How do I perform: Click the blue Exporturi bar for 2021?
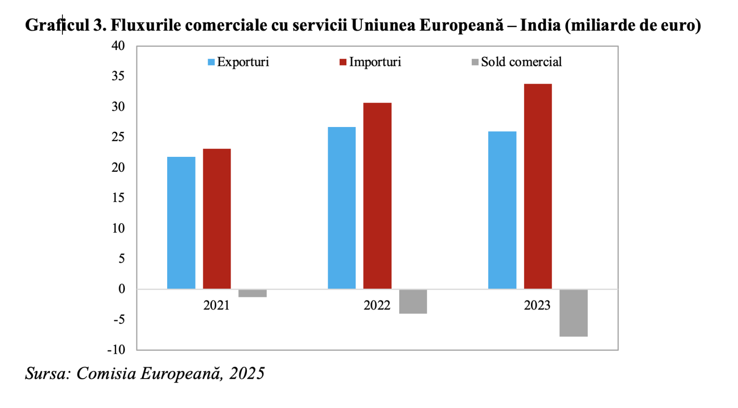(181, 223)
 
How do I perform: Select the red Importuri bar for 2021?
(217, 219)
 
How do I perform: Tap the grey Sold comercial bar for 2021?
(252, 293)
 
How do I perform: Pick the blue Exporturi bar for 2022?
(342, 208)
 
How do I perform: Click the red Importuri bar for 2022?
(377, 196)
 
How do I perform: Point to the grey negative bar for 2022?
(413, 302)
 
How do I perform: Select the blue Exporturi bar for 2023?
(502, 210)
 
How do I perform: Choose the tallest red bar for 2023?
(538, 186)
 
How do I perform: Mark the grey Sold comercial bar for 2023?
(573, 313)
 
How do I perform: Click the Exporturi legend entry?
(238, 62)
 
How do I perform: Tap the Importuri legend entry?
(370, 62)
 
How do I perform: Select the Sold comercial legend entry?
(517, 62)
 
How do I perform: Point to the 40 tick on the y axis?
(118, 46)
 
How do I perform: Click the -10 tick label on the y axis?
(116, 350)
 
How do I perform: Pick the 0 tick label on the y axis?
(122, 289)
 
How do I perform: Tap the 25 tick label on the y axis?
(118, 137)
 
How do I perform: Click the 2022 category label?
(377, 306)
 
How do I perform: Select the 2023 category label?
(537, 306)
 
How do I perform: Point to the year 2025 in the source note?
(246, 373)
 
